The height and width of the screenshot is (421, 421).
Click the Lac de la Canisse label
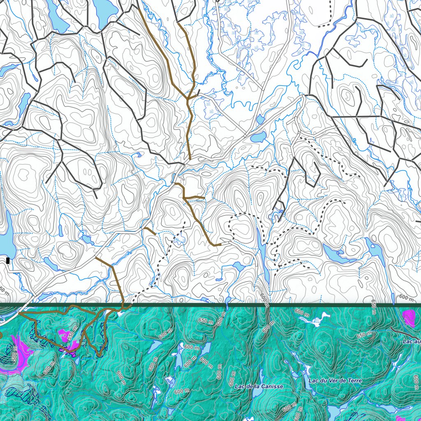[x=259, y=386]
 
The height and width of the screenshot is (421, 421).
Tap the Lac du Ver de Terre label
[x=335, y=381]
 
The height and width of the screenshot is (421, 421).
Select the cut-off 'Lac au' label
[x=412, y=342]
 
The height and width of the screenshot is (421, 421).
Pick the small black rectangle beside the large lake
[x=8, y=260]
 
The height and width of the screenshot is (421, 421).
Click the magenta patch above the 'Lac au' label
[x=409, y=318]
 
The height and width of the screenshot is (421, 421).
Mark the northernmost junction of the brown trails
[x=188, y=99]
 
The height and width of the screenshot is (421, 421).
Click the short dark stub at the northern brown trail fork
[x=198, y=93]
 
